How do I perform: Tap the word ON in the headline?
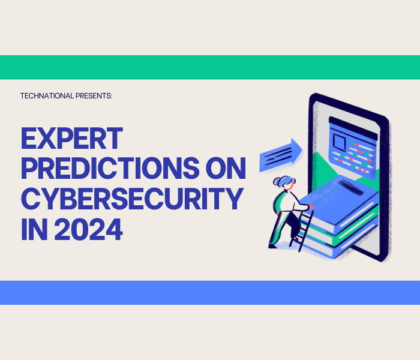(x=223, y=169)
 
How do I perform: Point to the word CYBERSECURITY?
(x=132, y=199)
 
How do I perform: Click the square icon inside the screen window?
(x=340, y=142)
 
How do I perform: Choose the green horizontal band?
(x=210, y=67)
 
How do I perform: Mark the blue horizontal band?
(x=210, y=292)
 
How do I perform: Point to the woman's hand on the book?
(x=310, y=208)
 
